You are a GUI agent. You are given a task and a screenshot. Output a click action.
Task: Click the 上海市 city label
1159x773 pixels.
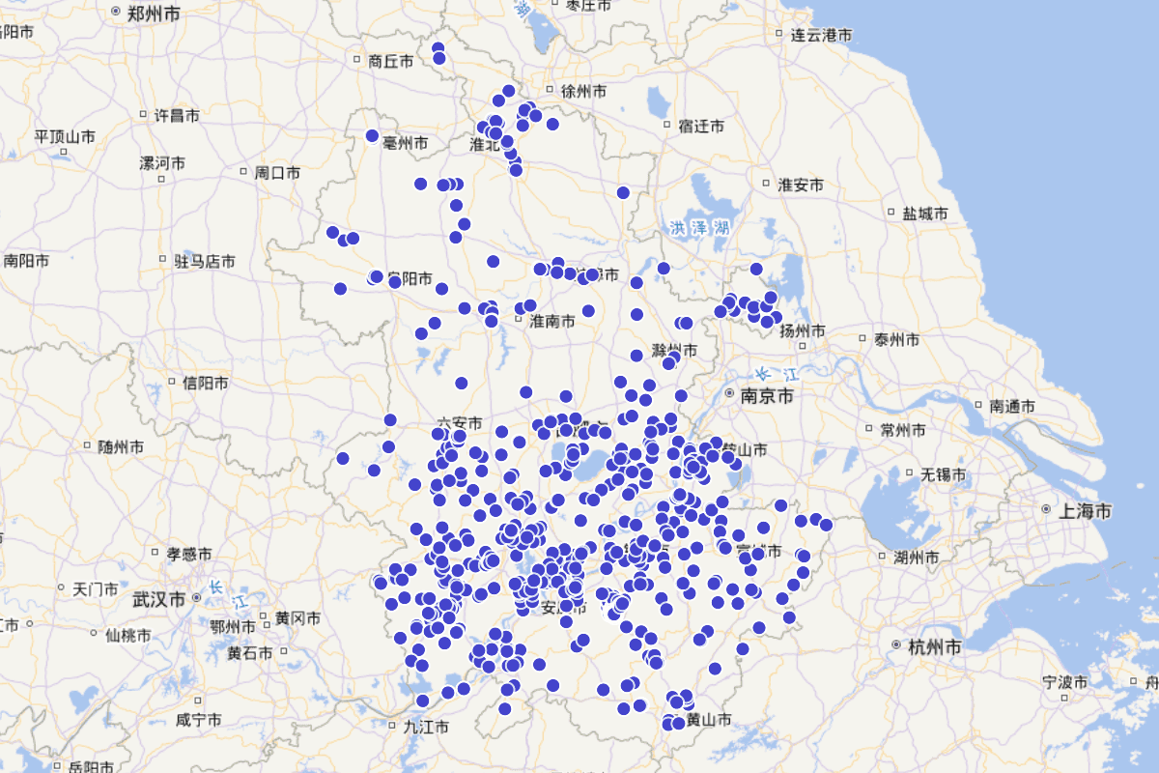point(1086,510)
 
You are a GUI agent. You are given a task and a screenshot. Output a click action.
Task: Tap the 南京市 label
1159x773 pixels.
point(767,396)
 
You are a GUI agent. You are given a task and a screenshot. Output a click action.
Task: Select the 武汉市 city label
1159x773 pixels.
point(159,600)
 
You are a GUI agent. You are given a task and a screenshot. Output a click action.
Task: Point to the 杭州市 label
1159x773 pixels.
point(935,646)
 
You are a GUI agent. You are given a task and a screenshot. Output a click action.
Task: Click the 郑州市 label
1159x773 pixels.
point(157,14)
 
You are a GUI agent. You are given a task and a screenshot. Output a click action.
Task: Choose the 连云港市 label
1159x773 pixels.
point(822,36)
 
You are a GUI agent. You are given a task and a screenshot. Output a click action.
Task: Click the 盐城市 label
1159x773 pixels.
point(924,214)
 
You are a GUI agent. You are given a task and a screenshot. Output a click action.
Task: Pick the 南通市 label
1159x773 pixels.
point(1012,407)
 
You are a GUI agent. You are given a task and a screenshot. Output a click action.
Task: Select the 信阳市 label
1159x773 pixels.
point(206,384)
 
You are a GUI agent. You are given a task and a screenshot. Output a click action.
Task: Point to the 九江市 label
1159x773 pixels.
point(426,726)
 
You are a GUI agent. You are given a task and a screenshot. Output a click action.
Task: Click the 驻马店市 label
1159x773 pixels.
point(205,261)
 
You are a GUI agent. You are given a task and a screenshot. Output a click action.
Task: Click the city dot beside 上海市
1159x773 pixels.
point(1047,509)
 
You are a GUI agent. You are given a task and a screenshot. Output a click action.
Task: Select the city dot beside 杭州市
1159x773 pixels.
point(897,645)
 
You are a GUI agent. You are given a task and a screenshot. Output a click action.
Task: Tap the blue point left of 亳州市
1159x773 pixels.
point(372,136)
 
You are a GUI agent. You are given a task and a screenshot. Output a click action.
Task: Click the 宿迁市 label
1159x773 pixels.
point(701,126)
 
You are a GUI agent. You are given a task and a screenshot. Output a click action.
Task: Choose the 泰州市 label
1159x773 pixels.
point(895,340)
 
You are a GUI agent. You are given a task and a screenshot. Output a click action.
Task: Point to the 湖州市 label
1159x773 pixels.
point(917,558)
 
